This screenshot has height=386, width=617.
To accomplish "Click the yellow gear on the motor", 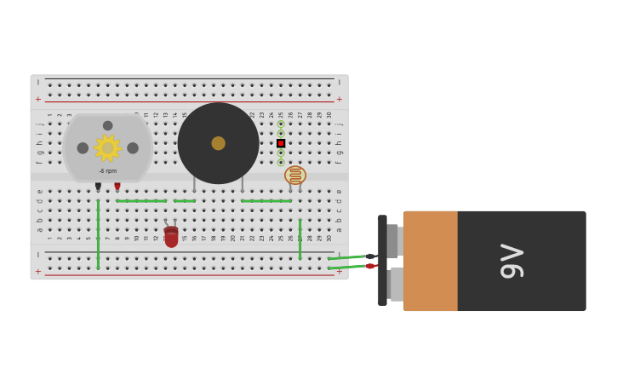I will (x=107, y=147).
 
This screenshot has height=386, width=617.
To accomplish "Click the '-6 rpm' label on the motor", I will (x=107, y=171).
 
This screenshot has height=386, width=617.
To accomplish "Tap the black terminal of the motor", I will (x=98, y=186).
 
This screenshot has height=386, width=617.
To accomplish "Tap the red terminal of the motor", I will (x=117, y=186).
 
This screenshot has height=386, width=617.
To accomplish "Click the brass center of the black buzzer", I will (x=219, y=143).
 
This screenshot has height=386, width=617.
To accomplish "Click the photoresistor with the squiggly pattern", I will (x=295, y=175).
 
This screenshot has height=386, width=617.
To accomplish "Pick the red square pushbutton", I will (x=281, y=143).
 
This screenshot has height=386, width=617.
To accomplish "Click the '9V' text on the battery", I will (x=511, y=261).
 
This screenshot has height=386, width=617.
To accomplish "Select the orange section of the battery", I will (x=431, y=261).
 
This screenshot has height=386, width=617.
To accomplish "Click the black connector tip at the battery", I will (x=371, y=256).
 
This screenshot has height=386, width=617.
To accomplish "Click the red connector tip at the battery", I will (x=371, y=266).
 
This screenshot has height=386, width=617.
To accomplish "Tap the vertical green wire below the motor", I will (x=98, y=234).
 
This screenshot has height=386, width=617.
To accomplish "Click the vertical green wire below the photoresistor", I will (x=300, y=239).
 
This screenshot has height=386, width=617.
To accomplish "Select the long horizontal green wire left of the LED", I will (x=141, y=201).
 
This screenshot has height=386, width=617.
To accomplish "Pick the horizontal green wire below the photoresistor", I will (x=266, y=201).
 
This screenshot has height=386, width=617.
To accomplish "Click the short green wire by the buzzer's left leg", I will (x=185, y=201).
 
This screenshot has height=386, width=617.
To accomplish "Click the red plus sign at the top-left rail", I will (x=37, y=99).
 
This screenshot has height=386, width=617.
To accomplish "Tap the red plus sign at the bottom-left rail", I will (x=37, y=271).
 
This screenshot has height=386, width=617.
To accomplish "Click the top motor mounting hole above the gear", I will (x=107, y=125).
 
